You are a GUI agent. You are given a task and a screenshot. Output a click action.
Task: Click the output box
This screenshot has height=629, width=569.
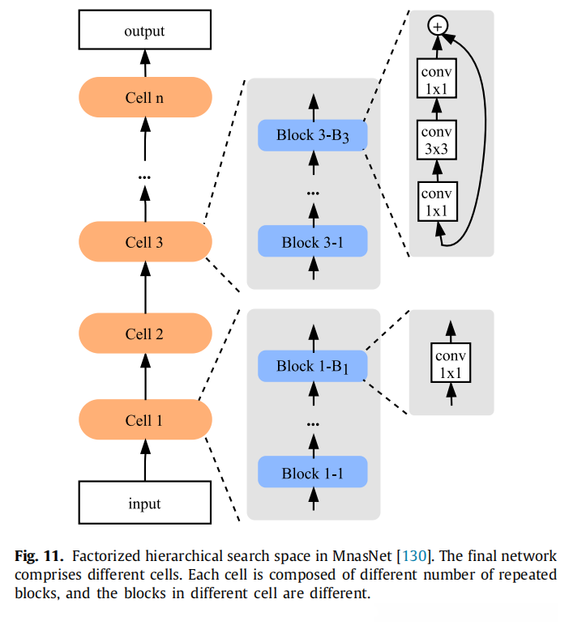click(x=144, y=32)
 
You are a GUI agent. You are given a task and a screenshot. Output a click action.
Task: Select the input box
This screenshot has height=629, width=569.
click(x=144, y=504)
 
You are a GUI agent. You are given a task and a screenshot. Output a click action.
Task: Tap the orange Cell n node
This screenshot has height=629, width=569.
click(x=144, y=98)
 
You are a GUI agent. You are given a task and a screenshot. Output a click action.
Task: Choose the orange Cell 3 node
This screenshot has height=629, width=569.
click(x=144, y=241)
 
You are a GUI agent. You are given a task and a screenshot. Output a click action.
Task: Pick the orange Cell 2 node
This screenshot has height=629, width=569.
click(x=144, y=333)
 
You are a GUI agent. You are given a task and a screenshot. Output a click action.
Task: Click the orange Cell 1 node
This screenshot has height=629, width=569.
click(x=144, y=420)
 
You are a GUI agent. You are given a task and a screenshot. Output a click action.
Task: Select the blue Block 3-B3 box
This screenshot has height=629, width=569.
click(x=313, y=135)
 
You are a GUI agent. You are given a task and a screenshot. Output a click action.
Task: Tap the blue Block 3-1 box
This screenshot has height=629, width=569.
click(x=313, y=242)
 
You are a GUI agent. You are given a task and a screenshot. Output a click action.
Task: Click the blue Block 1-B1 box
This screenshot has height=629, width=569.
click(x=313, y=367)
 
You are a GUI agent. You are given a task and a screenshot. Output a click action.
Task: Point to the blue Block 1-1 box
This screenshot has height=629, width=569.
click(x=313, y=473)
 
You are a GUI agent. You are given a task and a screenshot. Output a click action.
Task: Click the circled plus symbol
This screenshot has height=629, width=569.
click(x=438, y=27)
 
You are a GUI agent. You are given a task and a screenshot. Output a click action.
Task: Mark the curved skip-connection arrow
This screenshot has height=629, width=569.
click(x=484, y=138)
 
